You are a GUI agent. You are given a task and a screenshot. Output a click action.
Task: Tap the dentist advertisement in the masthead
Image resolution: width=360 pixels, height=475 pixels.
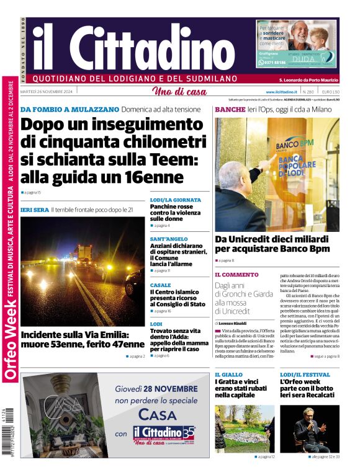point(297,44)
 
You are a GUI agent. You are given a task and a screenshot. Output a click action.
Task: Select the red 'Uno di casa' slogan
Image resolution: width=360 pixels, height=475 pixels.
point(179,92)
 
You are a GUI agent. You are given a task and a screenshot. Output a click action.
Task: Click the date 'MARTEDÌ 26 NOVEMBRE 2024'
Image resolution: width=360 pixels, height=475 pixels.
point(47,92)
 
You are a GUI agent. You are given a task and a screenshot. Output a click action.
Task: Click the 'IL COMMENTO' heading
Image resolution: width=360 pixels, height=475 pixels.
point(236,274)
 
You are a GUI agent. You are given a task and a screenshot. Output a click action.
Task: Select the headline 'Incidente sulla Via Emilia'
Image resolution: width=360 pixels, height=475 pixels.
point(82,339)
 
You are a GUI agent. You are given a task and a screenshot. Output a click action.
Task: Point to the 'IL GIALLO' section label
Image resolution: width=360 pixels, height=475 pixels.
point(228,375)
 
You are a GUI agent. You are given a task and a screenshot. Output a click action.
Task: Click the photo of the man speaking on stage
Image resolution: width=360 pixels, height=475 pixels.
point(309,428)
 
